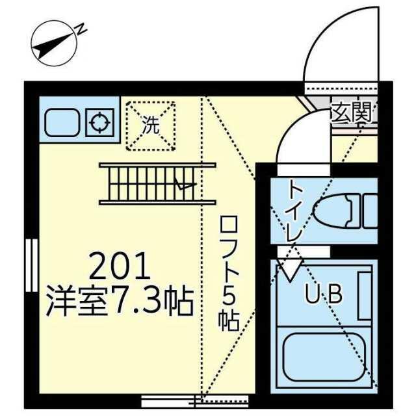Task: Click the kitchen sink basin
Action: click(x=62, y=123)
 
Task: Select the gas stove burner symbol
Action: click(x=99, y=123)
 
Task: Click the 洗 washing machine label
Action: click(x=151, y=125)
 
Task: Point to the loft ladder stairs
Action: click(x=157, y=184)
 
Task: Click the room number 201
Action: click(x=120, y=266)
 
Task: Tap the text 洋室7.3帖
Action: click(x=120, y=302)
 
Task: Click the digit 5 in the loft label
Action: click(x=229, y=298)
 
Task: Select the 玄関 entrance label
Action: click(x=352, y=114)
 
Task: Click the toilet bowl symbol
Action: click(x=333, y=211)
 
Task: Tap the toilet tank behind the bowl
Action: click(x=370, y=211)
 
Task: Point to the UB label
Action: click(x=324, y=294)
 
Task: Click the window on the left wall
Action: click(x=32, y=265)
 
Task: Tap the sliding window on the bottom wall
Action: click(x=195, y=401)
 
